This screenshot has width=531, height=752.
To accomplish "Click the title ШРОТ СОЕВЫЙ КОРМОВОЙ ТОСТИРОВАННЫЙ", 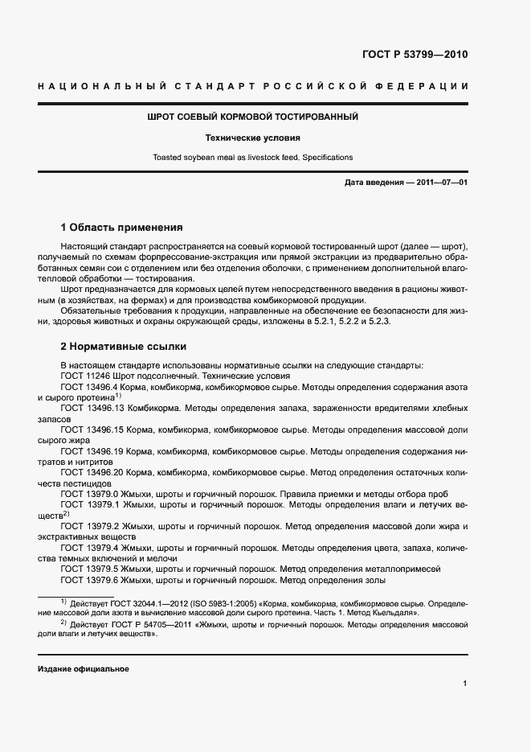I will (x=252, y=117).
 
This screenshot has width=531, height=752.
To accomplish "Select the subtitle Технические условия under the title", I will (x=252, y=138).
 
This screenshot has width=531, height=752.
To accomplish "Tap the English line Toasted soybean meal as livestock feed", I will (x=252, y=158).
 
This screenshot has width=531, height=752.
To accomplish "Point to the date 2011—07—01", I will (x=440, y=183).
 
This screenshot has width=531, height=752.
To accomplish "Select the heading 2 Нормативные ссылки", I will (x=124, y=347).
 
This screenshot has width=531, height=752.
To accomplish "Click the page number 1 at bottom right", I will (x=464, y=684).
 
